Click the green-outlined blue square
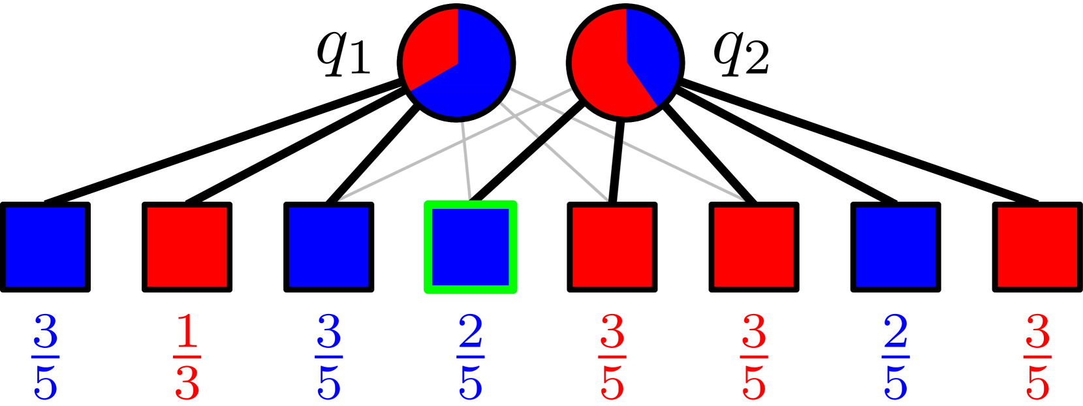tap(470, 247)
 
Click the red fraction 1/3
tap(187, 357)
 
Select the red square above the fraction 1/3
tap(187, 247)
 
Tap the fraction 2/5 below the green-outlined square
tap(470, 357)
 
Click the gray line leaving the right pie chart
tap(457, 143)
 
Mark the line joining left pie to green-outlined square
tap(466, 160)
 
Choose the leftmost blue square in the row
tap(45, 247)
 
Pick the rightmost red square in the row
tap(1037, 247)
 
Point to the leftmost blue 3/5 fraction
tap(45, 357)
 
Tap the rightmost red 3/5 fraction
tap(1037, 357)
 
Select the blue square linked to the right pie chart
tap(328, 247)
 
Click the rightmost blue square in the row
tap(895, 247)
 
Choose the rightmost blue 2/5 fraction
tap(895, 357)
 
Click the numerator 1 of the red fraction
tap(187, 333)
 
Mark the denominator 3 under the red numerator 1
tap(187, 383)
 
